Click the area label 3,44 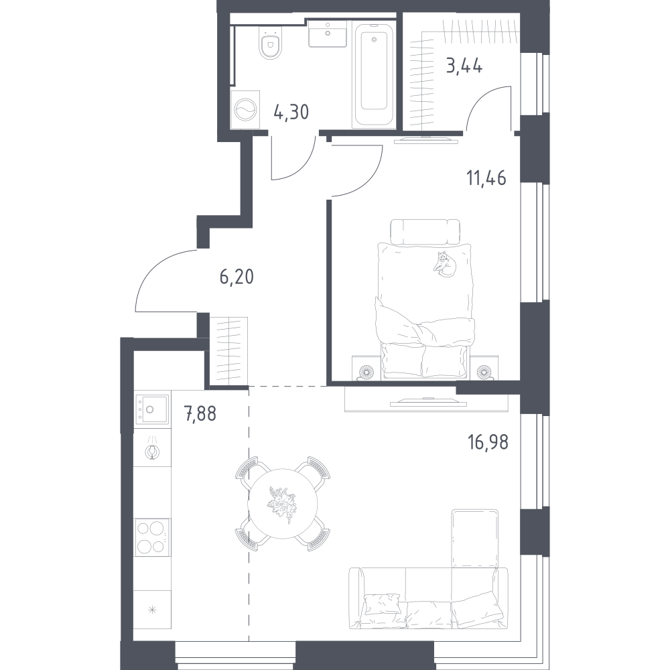464,67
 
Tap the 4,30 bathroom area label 291,113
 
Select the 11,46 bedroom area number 486,178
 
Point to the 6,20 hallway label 237,277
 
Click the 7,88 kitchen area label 200,413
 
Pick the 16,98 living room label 488,442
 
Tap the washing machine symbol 245,110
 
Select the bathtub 374,75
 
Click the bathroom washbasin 328,34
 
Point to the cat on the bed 444,265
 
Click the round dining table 283,503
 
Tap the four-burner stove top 152,537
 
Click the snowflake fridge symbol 152,610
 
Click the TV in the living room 426,401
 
